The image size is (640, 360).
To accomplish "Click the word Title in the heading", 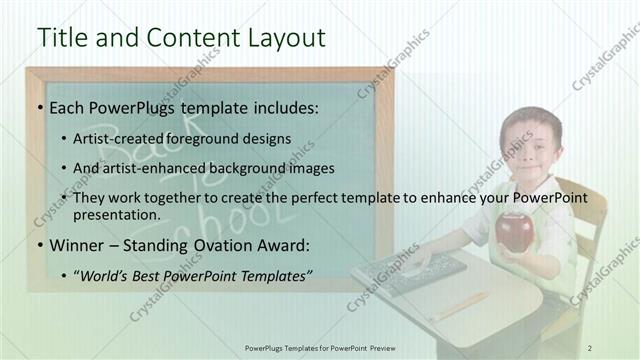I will [x=62, y=38].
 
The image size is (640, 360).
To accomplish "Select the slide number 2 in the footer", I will [x=590, y=347].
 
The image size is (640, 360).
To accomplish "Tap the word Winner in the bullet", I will [x=77, y=242].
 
